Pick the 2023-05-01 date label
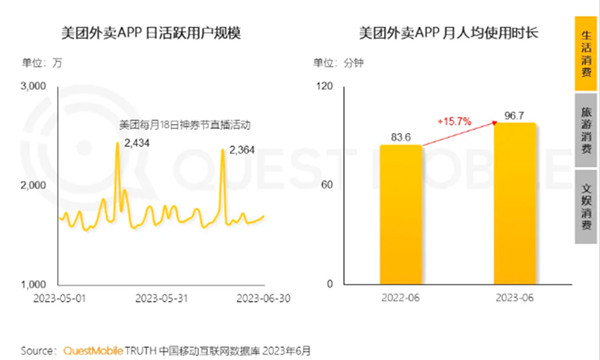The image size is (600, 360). point(59,297)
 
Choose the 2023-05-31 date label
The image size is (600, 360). point(162,297)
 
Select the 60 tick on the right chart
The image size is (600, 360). point(325,186)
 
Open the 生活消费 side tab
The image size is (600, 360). point(586,54)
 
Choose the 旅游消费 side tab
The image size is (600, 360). point(586,130)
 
